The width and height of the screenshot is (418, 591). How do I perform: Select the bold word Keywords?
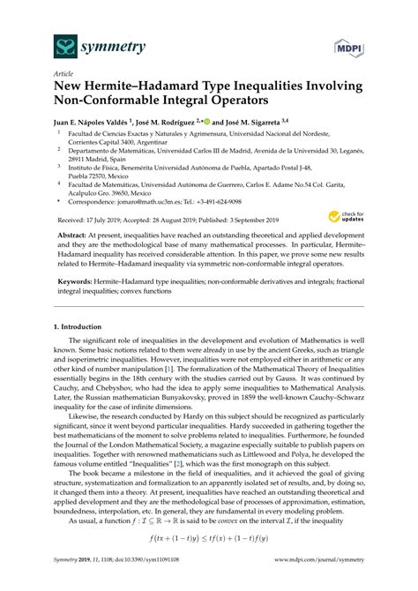(79, 274)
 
